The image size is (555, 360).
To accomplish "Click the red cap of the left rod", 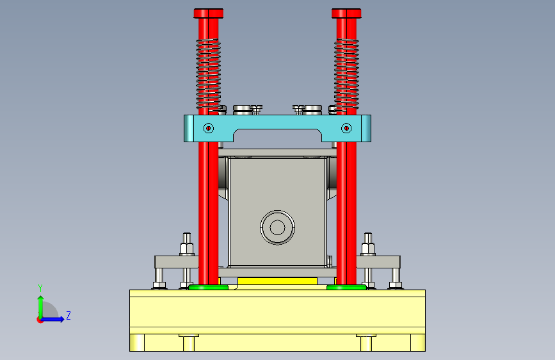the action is pos(209,13).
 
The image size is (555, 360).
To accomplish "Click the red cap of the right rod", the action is pos(346,13).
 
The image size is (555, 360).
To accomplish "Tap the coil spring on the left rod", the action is pos(209,75).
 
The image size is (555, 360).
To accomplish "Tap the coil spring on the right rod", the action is pos(346,75).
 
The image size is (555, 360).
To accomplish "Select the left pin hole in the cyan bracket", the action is pos(209,128).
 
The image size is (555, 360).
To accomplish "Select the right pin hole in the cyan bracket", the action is pos(346,128).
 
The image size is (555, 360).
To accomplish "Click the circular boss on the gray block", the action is pos(278,227).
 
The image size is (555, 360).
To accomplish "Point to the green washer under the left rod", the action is pos(208,288).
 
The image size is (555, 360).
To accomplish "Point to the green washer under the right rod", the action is pos(346,288).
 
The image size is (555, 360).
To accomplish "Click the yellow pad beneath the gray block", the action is pos(278,281).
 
